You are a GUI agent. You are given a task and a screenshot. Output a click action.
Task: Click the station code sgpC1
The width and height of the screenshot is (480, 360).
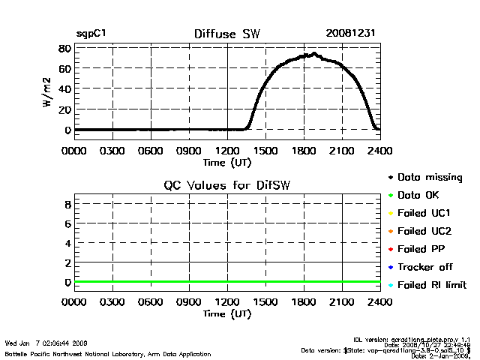coord(90,35)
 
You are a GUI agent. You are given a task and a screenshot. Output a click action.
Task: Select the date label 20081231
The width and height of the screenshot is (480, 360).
coord(351,34)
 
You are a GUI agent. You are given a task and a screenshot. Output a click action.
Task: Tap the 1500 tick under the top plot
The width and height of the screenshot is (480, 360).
coord(265,149)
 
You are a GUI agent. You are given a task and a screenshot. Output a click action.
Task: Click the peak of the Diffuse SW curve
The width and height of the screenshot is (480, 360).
coord(313,54)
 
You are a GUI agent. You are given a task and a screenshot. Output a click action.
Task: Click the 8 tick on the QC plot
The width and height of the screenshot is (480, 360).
coord(67,203)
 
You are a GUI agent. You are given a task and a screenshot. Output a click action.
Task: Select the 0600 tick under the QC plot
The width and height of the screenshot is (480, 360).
coord(151,302)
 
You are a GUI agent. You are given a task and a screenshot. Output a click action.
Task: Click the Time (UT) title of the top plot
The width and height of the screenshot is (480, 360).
coord(226,160)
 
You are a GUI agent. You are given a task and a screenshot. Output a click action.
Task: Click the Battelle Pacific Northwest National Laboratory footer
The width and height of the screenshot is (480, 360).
coord(108,353)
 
